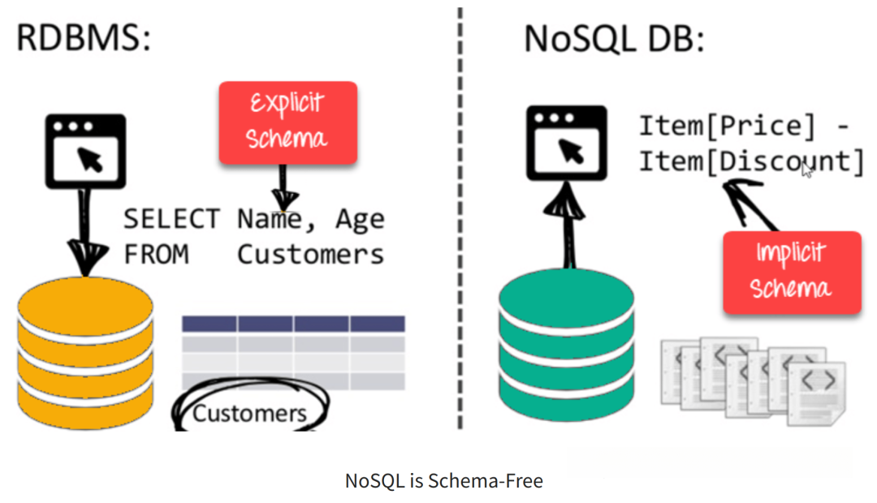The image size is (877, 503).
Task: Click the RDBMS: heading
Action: (x=84, y=38)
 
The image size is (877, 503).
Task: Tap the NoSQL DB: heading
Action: (x=614, y=39)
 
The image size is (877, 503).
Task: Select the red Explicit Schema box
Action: (x=288, y=123)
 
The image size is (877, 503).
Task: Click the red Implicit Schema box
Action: (x=792, y=273)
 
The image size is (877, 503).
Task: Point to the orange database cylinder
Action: (x=85, y=353)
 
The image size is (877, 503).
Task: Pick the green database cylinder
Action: (x=567, y=345)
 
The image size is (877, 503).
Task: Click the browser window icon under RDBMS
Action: (x=85, y=152)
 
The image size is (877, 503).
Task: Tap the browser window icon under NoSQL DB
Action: (x=567, y=143)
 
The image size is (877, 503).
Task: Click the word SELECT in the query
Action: (x=171, y=218)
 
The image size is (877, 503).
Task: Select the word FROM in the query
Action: (x=157, y=255)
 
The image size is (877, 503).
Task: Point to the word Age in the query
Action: (x=361, y=220)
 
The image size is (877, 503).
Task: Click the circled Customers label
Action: (x=249, y=413)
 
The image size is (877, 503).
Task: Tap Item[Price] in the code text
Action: (x=728, y=127)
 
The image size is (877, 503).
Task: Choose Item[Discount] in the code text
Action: (x=752, y=162)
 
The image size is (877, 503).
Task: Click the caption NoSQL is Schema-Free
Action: (x=444, y=480)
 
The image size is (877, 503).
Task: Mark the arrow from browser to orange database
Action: (x=85, y=233)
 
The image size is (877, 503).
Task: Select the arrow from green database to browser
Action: (x=566, y=225)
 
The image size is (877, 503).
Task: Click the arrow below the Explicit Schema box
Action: (x=284, y=187)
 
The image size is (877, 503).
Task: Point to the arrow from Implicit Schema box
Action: (x=750, y=204)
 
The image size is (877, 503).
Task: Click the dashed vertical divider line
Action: (x=460, y=218)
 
